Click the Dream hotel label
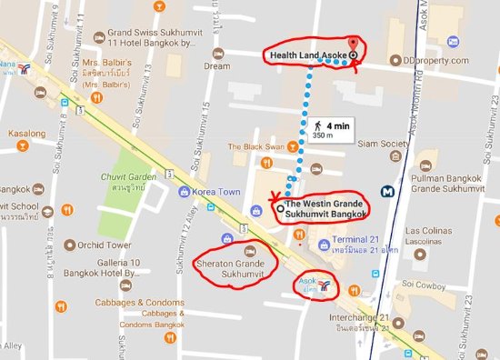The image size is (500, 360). pos(216,65)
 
